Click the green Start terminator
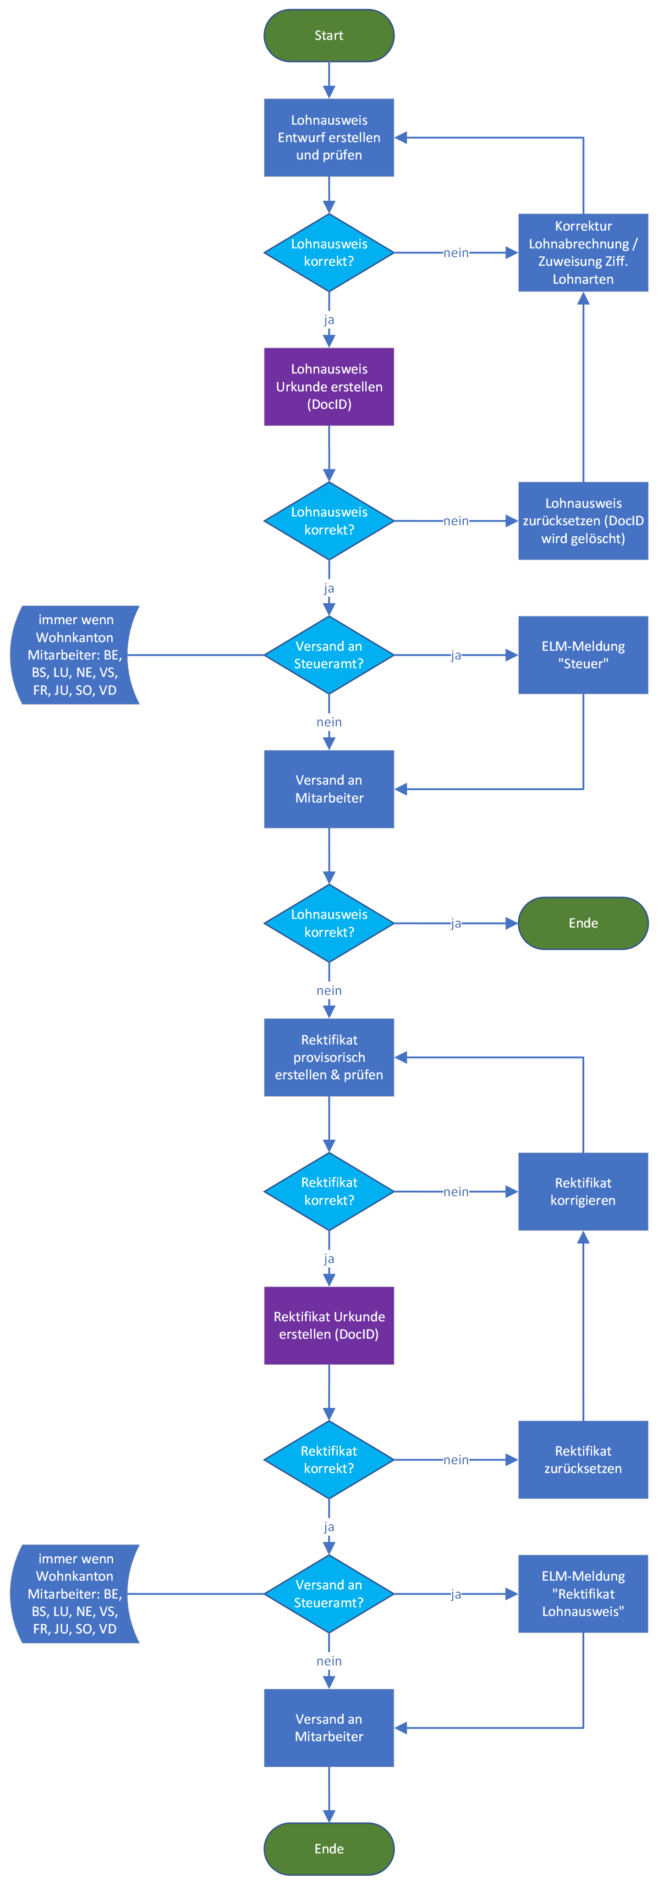pyautogui.click(x=329, y=35)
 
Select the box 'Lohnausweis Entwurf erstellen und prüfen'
pyautogui.click(x=329, y=137)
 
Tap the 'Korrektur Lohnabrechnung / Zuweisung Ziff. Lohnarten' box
pyautogui.click(x=583, y=253)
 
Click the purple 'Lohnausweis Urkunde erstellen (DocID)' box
pyautogui.click(x=329, y=386)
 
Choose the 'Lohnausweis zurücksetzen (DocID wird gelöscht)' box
pyautogui.click(x=583, y=521)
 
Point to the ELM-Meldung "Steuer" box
pyautogui.click(x=583, y=655)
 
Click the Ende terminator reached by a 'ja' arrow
pyautogui.click(x=583, y=923)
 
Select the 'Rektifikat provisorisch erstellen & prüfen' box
pyautogui.click(x=329, y=1057)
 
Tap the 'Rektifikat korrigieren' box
pyautogui.click(x=583, y=1191)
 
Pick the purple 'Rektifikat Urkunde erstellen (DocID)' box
pyautogui.click(x=329, y=1325)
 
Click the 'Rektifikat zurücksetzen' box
pyautogui.click(x=583, y=1460)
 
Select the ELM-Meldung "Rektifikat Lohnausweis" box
pyautogui.click(x=583, y=1594)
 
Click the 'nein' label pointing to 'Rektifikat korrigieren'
pyautogui.click(x=455, y=1191)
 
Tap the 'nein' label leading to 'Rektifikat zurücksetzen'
pyautogui.click(x=455, y=1460)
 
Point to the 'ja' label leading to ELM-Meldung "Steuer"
pyautogui.click(x=455, y=655)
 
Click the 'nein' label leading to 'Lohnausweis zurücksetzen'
pyautogui.click(x=455, y=521)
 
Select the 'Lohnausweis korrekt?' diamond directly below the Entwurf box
pyautogui.click(x=329, y=253)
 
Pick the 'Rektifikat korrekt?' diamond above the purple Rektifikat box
pyautogui.click(x=329, y=1191)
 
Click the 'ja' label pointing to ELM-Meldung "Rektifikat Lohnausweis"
pyautogui.click(x=455, y=1594)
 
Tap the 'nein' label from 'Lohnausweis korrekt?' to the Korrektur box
pyautogui.click(x=455, y=253)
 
